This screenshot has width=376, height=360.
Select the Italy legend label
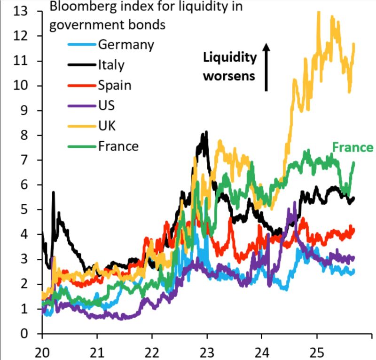coord(111,65)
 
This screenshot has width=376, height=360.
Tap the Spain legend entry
coord(115,85)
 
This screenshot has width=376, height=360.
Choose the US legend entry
coord(107,105)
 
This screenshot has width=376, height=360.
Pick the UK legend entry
coord(107,126)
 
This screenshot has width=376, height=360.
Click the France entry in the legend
coord(118,146)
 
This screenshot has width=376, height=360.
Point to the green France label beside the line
coord(352,148)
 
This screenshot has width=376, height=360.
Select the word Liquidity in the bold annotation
coord(230,57)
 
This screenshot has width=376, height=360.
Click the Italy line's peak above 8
coord(205,133)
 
